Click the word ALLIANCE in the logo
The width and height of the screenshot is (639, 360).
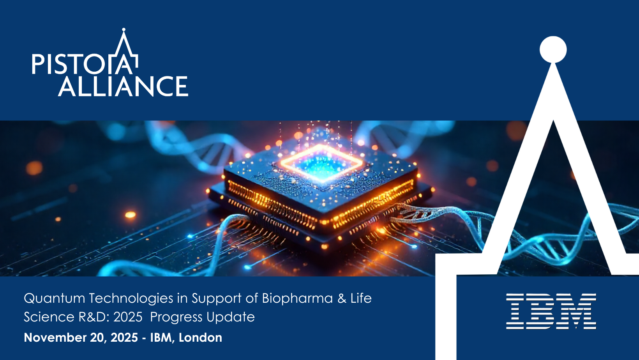123,86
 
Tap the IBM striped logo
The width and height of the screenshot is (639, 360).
551,311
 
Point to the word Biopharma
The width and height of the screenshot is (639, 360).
297,299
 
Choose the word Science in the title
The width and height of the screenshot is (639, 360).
49,317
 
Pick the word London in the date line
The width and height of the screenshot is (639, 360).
200,337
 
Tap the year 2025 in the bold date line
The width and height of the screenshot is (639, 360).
124,337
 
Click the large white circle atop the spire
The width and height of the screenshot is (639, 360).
553,49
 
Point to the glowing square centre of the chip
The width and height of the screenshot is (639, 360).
321,164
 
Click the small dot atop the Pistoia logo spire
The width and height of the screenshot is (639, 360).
124,29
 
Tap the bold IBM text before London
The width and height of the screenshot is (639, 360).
161,338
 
